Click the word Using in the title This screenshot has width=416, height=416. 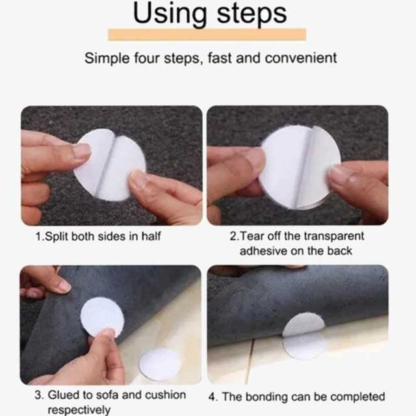point(170,13)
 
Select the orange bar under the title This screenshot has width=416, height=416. point(207,34)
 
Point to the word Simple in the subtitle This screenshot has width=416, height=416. point(107,58)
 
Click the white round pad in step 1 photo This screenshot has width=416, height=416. point(110,164)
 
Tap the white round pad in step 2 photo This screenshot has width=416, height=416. point(300,167)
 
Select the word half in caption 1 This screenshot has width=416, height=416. point(151,236)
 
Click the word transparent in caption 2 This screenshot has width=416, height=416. point(334,236)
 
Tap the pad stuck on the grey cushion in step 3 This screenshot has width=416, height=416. point(103,317)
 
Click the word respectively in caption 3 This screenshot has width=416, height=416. point(79,409)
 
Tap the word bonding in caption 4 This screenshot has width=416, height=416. point(266,397)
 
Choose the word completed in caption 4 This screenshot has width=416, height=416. point(358,397)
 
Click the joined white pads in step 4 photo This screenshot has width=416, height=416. point(304,335)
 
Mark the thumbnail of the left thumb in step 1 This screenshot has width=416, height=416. point(82,151)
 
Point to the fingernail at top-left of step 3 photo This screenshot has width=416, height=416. point(63,287)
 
